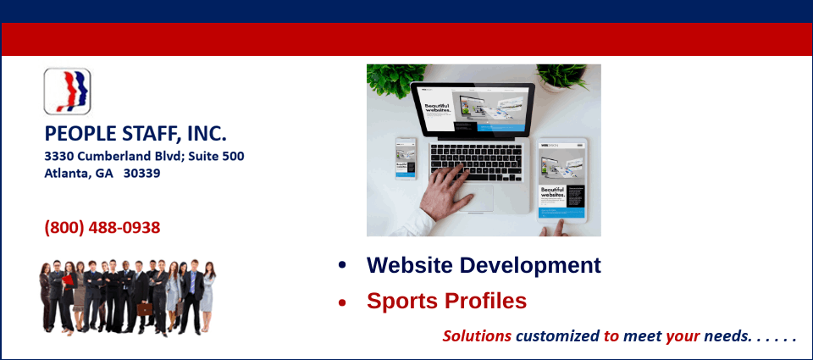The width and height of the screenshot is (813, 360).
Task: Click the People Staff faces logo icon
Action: click(67, 91)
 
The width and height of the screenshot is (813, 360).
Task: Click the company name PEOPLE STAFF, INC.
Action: click(135, 134)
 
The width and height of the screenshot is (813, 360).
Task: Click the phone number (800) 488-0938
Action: click(102, 228)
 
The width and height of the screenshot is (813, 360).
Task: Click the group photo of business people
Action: click(127, 296)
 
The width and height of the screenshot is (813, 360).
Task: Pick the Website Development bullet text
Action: click(483, 265)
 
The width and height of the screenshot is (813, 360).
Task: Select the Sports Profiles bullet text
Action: click(446, 301)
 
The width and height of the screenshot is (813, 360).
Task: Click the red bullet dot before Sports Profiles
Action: click(342, 302)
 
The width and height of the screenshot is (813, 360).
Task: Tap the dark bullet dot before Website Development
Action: click(342, 265)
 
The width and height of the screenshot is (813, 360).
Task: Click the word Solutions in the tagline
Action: click(477, 336)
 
